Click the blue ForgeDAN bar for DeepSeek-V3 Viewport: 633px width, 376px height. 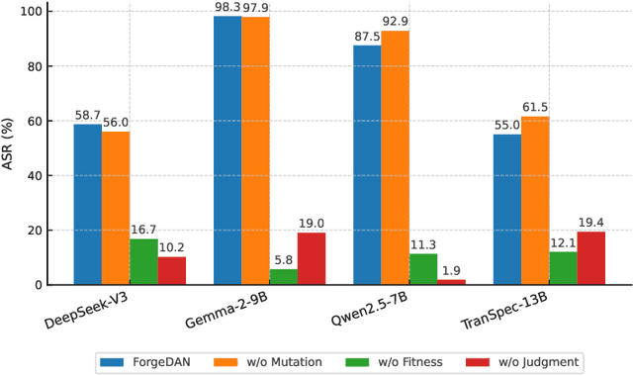[x=87, y=205]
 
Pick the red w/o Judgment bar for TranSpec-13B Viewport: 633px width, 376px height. [x=591, y=258]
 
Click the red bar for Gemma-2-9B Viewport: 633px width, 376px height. [x=311, y=259]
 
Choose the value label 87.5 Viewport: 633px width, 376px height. [x=367, y=38]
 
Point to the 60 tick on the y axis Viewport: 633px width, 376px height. [x=34, y=122]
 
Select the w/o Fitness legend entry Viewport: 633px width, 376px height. [x=396, y=361]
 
